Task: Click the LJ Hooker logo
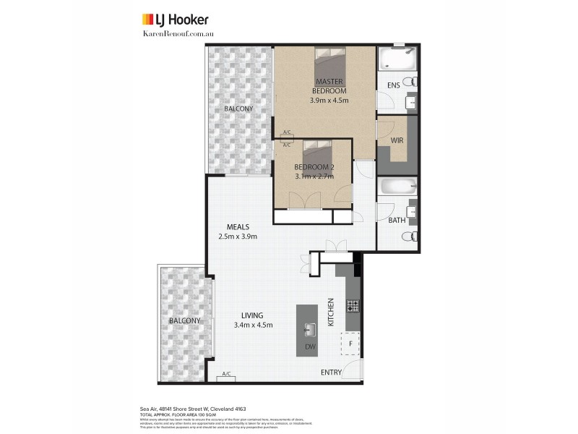174,20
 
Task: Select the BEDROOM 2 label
314,170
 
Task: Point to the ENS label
394,86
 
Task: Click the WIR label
397,139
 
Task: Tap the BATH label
397,220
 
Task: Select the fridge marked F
350,344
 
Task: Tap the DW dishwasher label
309,347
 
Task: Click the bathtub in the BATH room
395,187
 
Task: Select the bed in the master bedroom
330,66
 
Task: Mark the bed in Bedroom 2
316,153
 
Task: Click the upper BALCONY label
238,109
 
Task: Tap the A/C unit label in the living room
226,374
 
